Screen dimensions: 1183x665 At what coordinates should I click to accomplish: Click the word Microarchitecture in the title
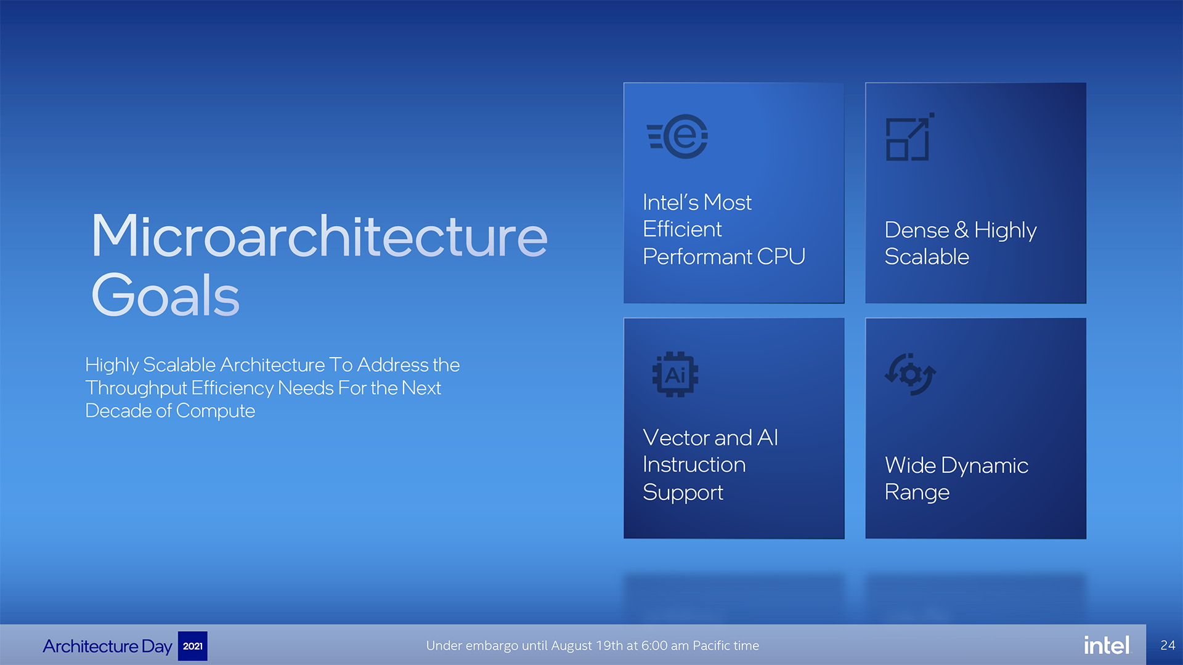click(319, 236)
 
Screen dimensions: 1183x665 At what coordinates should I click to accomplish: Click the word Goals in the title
click(165, 296)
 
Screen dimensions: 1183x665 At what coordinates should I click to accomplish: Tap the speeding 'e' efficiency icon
click(677, 136)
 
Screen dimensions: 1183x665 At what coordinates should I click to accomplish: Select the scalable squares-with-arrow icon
click(910, 137)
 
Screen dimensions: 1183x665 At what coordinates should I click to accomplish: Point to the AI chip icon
click(675, 374)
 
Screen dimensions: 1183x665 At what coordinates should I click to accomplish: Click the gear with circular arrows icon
click(911, 374)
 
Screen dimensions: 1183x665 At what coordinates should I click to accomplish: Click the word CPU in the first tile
click(781, 256)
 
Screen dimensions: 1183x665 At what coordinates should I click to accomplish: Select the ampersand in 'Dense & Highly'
click(961, 230)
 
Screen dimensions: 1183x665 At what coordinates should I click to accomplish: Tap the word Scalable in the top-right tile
click(927, 256)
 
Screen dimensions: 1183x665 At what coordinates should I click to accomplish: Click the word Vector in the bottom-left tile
click(676, 438)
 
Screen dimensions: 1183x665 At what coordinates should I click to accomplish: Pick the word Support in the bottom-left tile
click(683, 493)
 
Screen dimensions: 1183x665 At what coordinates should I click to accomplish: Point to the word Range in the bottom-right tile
click(917, 493)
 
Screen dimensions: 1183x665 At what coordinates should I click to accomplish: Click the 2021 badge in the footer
click(193, 646)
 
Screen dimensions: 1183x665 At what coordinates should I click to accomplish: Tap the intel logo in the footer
click(1107, 645)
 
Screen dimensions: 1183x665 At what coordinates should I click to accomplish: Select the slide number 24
click(1168, 645)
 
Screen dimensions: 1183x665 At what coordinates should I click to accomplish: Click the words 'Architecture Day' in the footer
click(107, 646)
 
